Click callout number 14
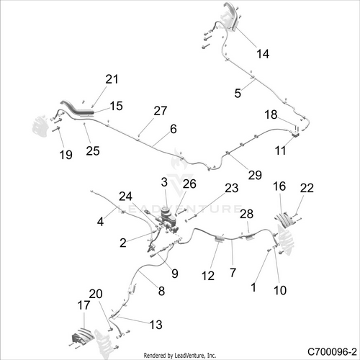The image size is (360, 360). pos(263,54)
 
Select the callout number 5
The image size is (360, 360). pos(238,93)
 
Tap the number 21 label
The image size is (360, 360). pos(112,79)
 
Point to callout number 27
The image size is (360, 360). pos(161,111)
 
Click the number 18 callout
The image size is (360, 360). pos(271,114)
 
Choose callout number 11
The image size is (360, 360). pos(280,150)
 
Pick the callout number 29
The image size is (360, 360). pos(255,175)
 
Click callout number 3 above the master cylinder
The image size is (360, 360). pos(164,182)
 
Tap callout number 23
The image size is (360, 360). pos(232,188)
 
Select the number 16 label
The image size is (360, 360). pos(279,186)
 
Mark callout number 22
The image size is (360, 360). pos(307,188)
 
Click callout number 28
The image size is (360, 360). pos(246,214)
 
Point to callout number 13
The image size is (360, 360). pos(156,325)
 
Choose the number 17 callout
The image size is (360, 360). pos(84,305)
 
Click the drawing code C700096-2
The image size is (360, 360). pos(332,352)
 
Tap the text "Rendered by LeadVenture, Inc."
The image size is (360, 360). pos(180,355)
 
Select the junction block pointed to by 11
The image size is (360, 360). pos(295,135)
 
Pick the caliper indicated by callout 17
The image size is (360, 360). pos(82,336)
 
